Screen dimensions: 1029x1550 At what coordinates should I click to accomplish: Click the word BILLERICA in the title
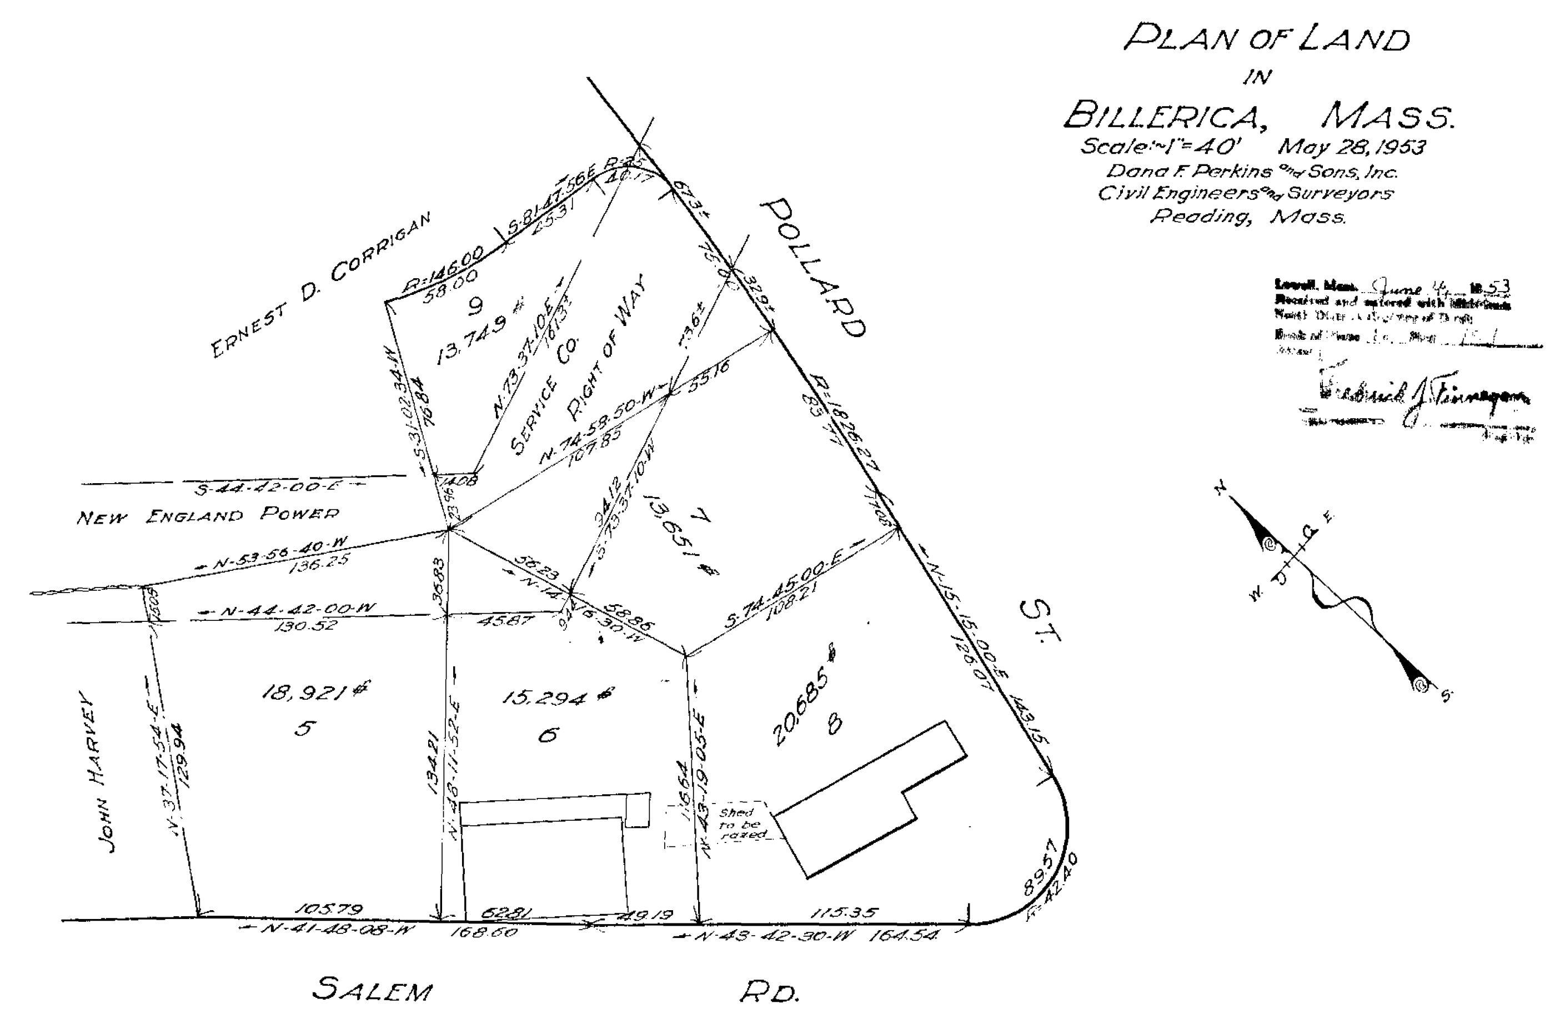(1165, 116)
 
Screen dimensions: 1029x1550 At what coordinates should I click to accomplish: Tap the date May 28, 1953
(1351, 147)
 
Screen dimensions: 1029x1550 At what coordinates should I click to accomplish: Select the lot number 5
(305, 729)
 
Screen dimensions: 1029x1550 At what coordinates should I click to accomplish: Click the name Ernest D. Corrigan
(322, 284)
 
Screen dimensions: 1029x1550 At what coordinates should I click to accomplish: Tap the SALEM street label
(373, 990)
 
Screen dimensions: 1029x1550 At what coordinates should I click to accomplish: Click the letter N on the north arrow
(1221, 489)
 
